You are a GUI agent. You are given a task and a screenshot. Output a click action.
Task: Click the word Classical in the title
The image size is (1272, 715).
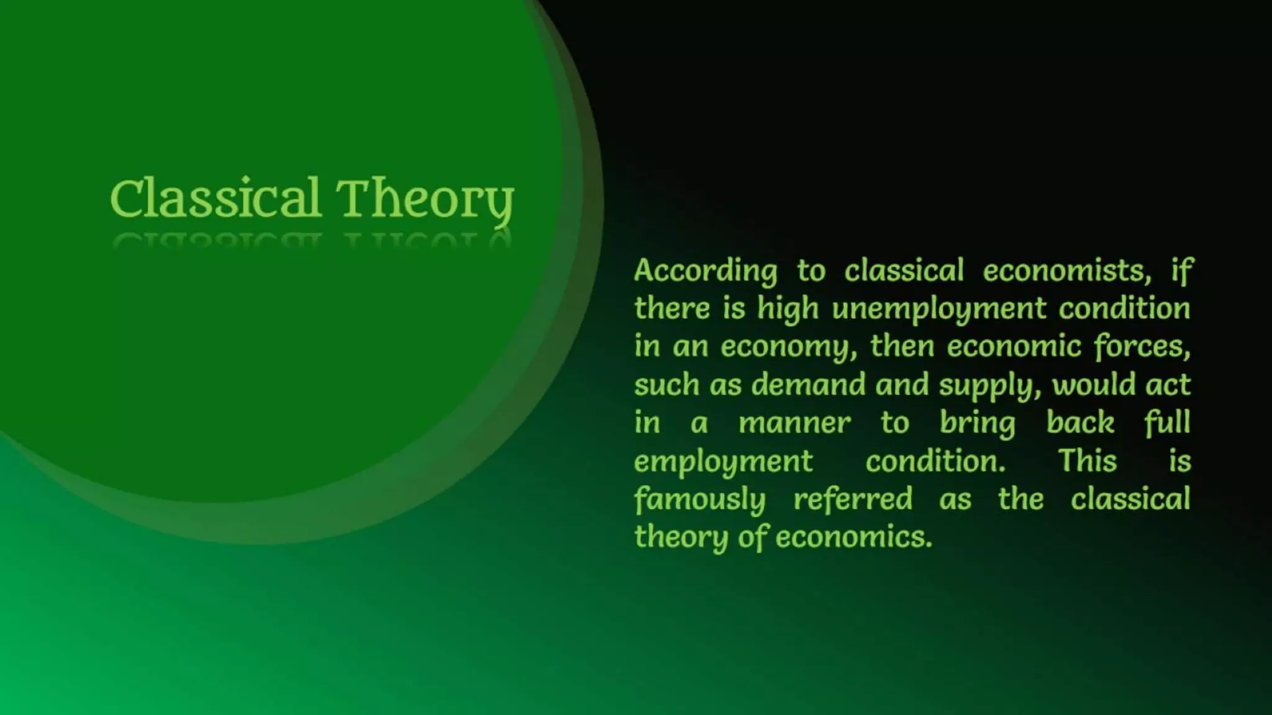pos(215,198)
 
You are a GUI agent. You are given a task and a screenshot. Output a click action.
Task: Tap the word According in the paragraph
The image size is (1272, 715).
pos(706,271)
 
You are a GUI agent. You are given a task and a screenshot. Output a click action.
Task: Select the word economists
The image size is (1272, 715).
pos(1066,271)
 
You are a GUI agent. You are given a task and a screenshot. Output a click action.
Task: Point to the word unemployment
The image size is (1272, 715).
pos(938,309)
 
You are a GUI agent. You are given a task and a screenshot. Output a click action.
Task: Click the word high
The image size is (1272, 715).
pos(788,309)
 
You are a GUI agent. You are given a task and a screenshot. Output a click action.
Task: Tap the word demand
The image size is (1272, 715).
pos(808,385)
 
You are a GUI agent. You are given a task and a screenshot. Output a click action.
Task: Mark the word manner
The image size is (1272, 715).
pos(794,424)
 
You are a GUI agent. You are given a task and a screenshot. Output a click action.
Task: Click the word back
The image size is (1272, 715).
pos(1080,423)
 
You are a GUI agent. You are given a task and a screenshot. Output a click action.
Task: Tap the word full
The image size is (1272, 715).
pos(1167,423)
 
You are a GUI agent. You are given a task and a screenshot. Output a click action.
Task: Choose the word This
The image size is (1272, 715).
pos(1087,461)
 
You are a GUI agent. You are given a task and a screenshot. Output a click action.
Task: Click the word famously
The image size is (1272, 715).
pos(700,500)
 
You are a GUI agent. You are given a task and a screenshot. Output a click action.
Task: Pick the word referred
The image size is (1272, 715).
pos(853,500)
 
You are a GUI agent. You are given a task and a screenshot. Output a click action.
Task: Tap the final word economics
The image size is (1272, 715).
pos(854,537)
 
